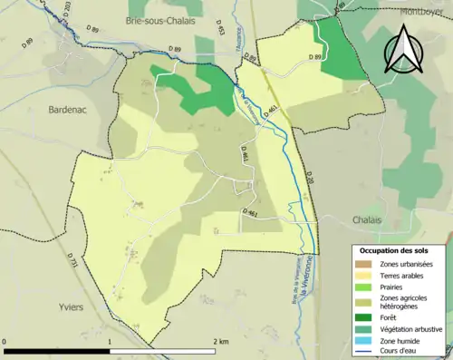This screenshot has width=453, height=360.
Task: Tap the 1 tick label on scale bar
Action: point(110,342)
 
